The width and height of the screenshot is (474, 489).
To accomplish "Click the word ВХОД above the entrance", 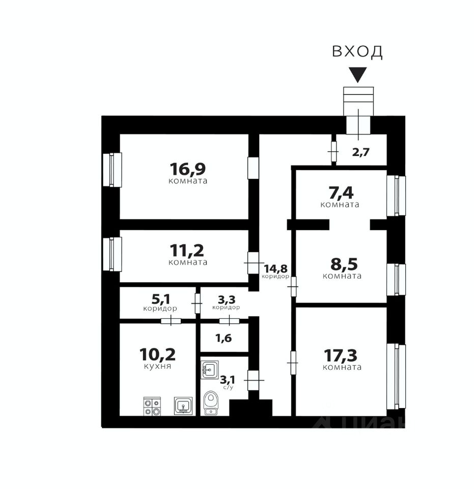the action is click(357, 51).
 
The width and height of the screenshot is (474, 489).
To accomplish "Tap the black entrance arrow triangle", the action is click(359, 75).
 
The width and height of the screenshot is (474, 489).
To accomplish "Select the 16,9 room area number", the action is click(188, 168).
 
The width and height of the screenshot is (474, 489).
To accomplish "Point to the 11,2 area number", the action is click(188, 250).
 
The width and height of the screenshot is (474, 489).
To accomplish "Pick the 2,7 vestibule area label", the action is click(361, 151).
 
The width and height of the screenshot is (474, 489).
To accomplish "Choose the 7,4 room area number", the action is click(340, 193).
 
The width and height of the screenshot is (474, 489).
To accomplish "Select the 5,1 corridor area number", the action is click(160, 299).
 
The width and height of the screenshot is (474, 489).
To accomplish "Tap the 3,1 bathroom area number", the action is click(227, 379).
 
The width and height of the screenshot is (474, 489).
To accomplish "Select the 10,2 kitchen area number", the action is click(157, 354).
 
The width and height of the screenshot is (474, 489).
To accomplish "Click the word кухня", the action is click(157, 366).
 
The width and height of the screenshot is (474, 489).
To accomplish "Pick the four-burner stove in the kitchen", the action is click(152, 406).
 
